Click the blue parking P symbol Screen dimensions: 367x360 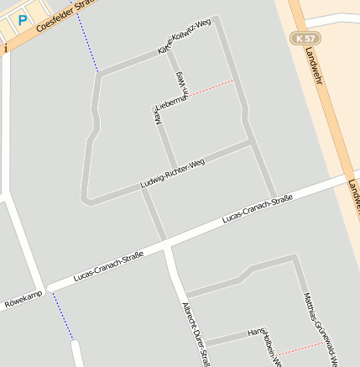[23, 18]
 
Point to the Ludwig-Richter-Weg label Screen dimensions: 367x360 [173, 174]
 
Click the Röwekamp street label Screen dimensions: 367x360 [22, 300]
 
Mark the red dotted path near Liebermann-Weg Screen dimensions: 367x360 [211, 88]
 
